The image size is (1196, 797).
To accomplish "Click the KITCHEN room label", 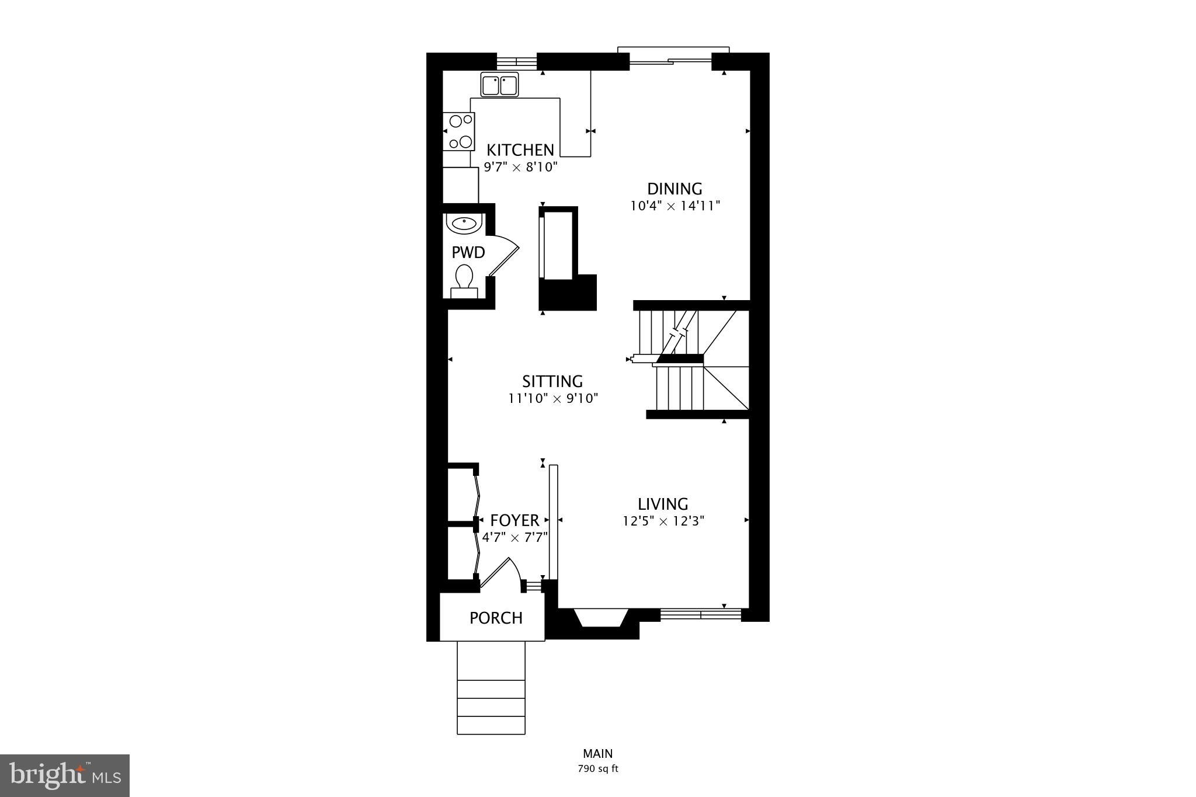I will coord(520,149).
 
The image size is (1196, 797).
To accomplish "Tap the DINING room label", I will coord(675,189).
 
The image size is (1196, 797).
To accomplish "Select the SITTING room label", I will coord(552,381).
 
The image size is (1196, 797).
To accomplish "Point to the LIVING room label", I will coord(663,504).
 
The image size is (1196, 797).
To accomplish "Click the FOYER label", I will coord(514,520).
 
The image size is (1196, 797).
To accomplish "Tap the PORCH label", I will coord(496,618).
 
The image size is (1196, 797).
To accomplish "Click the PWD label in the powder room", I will coord(468,252).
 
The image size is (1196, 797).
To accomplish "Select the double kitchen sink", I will coord(500,85).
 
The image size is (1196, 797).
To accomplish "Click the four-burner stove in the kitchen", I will coord(459,131).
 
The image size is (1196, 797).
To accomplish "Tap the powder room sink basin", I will coord(464,222).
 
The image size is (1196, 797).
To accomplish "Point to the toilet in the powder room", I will coord(464,279).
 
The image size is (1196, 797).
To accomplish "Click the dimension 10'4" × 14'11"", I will coord(675,206).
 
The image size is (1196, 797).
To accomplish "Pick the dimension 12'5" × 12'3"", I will coord(663,521).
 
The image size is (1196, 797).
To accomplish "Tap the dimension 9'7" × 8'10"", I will coord(521,167).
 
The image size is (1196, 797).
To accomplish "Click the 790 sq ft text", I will coord(598,768).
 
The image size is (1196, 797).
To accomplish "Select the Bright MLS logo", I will coord(65,775).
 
